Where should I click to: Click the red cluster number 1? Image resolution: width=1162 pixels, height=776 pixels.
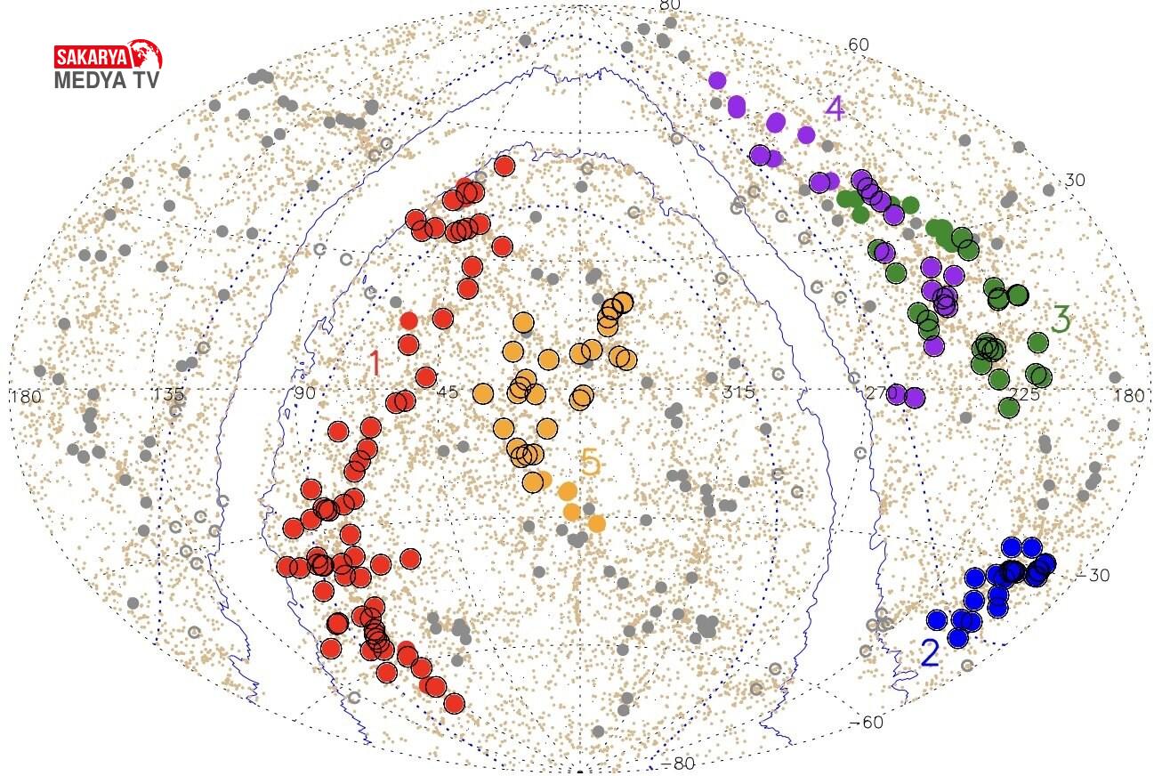(375, 362)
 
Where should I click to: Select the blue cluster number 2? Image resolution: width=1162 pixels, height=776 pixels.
(930, 653)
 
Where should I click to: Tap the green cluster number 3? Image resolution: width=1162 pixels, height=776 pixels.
(1060, 319)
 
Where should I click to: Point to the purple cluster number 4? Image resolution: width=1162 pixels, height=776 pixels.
(834, 109)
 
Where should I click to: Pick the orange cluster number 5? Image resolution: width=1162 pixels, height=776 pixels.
(590, 463)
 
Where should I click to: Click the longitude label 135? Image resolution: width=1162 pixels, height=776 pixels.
(168, 394)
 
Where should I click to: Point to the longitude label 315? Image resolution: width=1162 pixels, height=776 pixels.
(738, 392)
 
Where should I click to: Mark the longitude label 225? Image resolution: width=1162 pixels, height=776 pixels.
(1024, 393)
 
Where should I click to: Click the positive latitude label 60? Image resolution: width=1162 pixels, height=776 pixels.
(859, 44)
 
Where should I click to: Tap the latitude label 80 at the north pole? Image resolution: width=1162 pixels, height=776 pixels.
(669, 5)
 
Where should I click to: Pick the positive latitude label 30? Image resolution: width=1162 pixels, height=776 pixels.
(1075, 180)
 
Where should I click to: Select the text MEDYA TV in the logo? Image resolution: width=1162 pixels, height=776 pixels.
(109, 81)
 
